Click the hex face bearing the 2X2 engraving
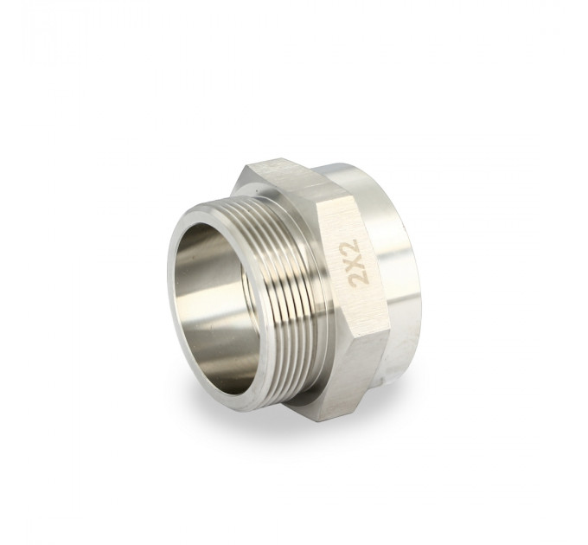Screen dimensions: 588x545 (353, 266)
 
